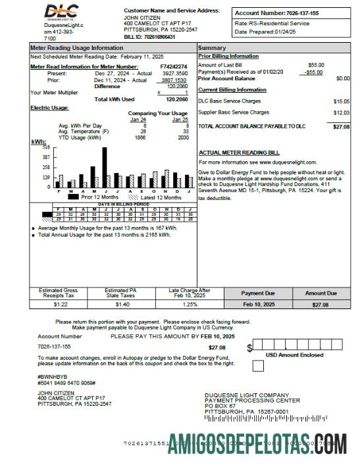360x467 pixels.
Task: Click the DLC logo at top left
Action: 62,11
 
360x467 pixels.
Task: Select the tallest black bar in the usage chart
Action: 104,167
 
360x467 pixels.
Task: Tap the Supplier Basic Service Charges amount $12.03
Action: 341,112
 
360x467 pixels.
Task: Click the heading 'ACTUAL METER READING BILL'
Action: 239,152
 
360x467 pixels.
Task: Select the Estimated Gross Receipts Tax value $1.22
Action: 61,305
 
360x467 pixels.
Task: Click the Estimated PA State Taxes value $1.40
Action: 122,305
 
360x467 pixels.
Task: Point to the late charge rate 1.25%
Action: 190,305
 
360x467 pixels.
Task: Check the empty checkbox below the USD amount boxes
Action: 259,364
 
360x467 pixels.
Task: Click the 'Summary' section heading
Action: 212,48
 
